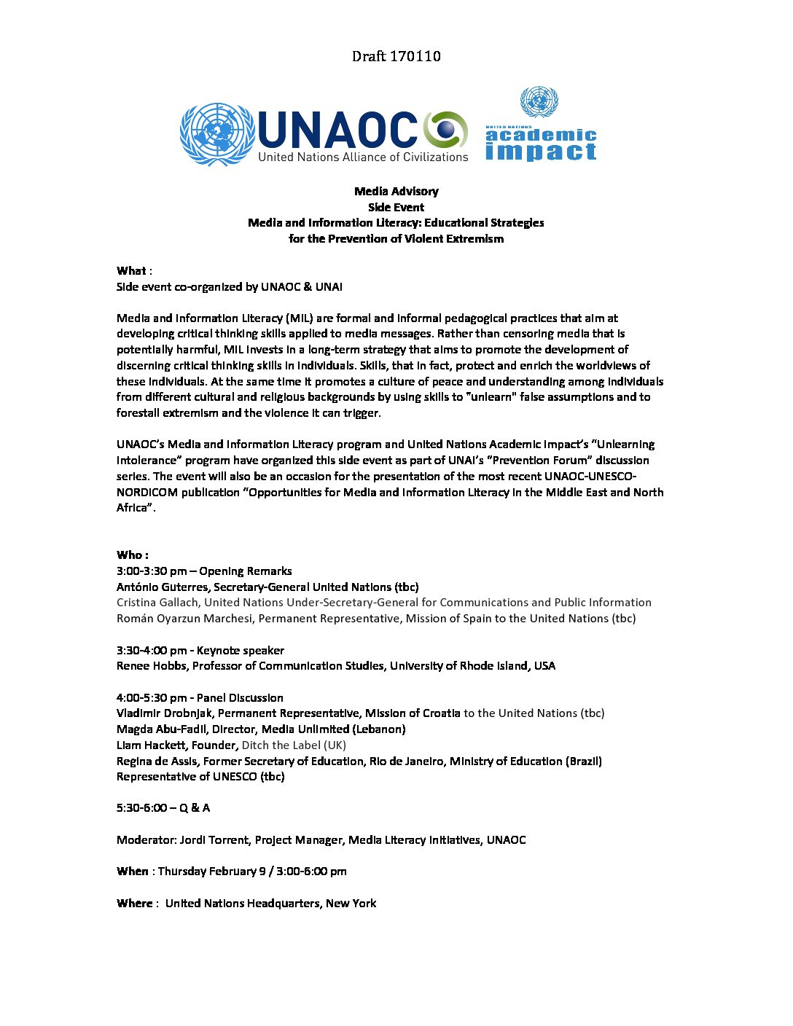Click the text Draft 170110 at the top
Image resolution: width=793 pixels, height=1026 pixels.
396,56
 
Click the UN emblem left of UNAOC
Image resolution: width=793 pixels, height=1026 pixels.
216,134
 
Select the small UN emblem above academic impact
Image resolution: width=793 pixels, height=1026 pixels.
539,102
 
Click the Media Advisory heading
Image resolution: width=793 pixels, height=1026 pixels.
396,192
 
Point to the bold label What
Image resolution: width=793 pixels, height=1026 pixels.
131,271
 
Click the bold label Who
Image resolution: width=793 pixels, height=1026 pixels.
130,555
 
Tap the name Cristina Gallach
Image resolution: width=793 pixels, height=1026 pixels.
158,603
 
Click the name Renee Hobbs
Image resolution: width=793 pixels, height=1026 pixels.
151,666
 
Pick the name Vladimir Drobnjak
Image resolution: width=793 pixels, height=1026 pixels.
164,713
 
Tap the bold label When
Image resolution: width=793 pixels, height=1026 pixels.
132,872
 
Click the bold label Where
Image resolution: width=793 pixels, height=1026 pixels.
134,904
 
